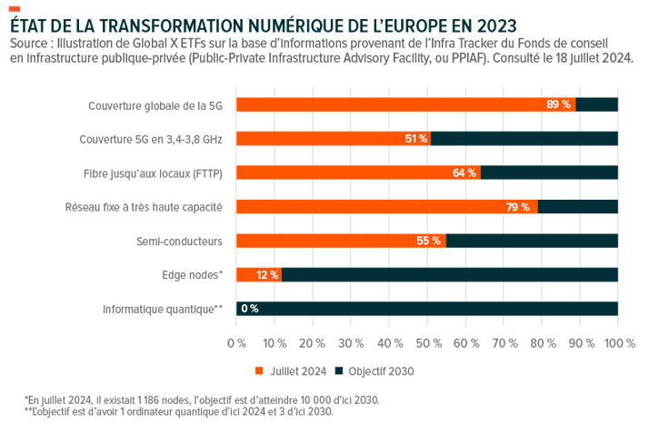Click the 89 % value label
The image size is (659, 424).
pyautogui.click(x=558, y=104)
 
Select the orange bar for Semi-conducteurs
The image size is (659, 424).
pyautogui.click(x=341, y=241)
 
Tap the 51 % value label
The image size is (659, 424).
pyautogui.click(x=415, y=139)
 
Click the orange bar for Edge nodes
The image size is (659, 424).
pyautogui.click(x=258, y=274)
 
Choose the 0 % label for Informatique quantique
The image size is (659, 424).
pyautogui.click(x=249, y=309)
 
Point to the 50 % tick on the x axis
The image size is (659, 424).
pyautogui.click(x=428, y=343)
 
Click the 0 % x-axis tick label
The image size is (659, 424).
pyautogui.click(x=236, y=343)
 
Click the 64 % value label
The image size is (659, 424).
pyautogui.click(x=464, y=173)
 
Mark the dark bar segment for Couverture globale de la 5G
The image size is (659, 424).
pyautogui.click(x=597, y=104)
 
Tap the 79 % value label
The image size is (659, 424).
pyautogui.click(x=518, y=207)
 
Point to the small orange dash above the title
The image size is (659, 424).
pyautogui.click(x=14, y=7)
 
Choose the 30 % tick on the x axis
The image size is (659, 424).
pyautogui.click(x=352, y=343)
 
